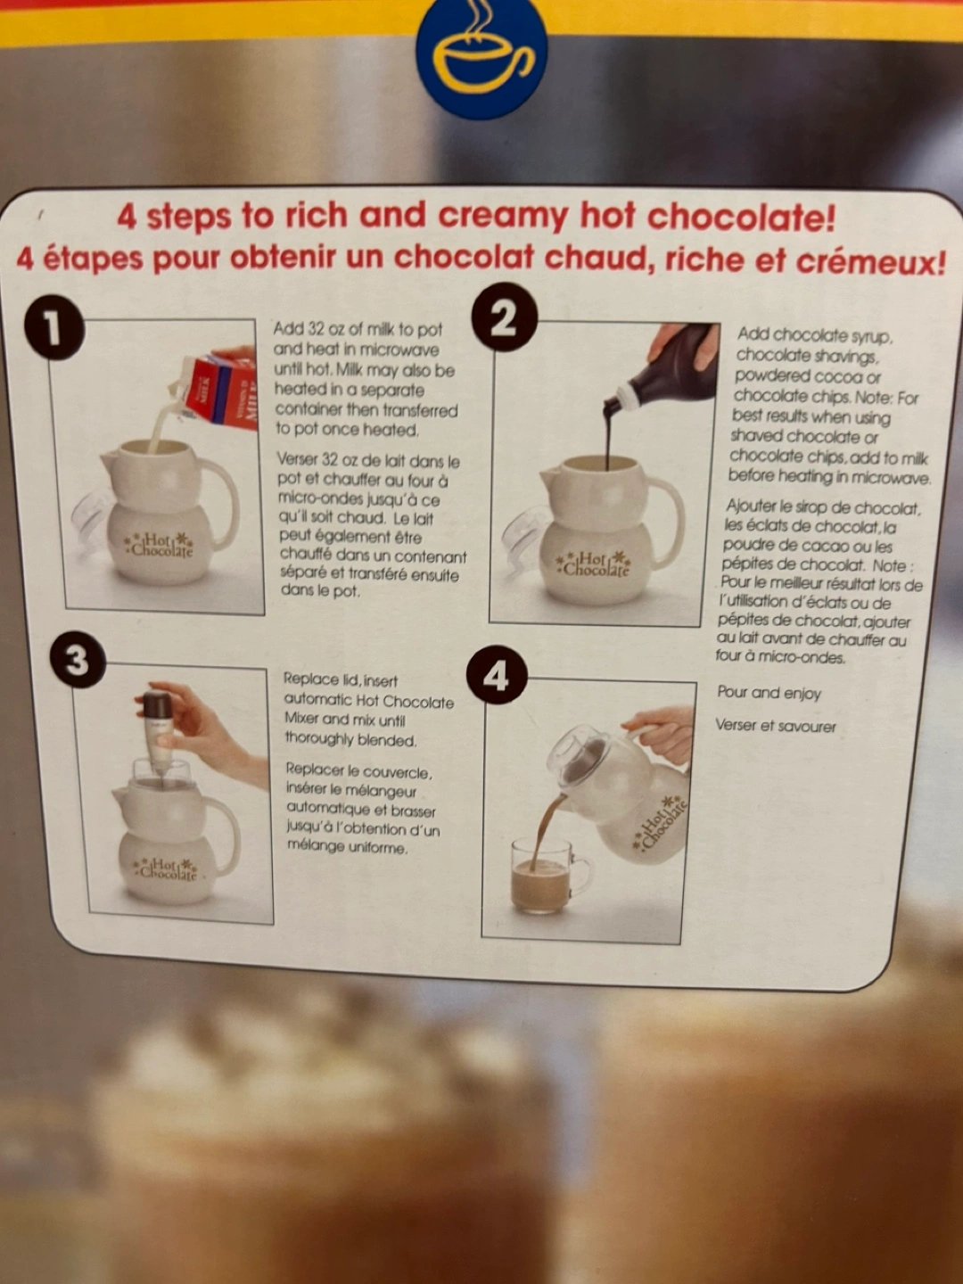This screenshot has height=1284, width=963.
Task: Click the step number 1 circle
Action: click(54, 329)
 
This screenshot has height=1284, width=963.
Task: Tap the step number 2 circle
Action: click(505, 319)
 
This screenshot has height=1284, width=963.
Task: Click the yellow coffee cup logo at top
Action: click(481, 59)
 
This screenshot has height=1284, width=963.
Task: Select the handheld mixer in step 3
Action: click(158, 734)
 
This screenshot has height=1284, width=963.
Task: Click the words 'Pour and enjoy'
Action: click(769, 693)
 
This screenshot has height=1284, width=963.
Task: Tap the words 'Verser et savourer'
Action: click(776, 726)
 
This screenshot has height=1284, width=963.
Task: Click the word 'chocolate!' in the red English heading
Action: click(741, 218)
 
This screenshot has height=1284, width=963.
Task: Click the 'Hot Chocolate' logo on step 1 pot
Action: click(159, 545)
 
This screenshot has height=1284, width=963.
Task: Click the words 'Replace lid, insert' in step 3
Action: click(341, 680)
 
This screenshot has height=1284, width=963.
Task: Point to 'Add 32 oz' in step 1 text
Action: click(310, 329)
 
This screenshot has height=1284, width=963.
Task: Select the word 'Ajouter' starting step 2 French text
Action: click(750, 506)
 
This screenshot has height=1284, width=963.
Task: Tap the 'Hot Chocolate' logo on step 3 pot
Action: click(166, 868)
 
